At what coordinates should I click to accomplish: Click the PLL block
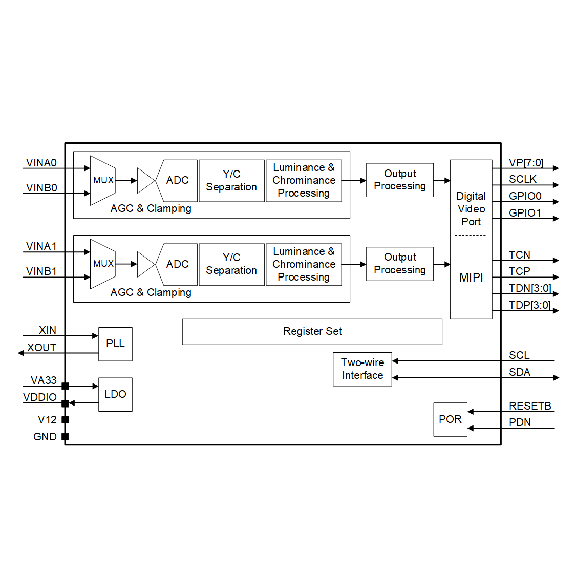click(x=115, y=344)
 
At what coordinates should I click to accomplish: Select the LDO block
click(x=115, y=394)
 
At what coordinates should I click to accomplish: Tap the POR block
click(x=450, y=419)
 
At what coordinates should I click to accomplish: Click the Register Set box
click(x=312, y=332)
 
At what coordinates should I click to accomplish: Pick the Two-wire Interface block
click(x=362, y=369)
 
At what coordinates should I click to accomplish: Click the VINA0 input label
click(x=41, y=163)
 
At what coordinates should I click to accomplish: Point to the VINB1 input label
click(x=41, y=271)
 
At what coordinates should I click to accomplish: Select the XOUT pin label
click(x=41, y=348)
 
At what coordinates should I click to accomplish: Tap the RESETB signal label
click(x=530, y=406)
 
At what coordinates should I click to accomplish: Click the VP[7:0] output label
click(x=526, y=163)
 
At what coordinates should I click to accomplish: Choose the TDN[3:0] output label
click(x=529, y=288)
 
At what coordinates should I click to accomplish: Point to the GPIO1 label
click(x=525, y=213)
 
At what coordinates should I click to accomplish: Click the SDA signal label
click(x=520, y=372)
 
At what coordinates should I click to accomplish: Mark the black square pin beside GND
click(x=65, y=437)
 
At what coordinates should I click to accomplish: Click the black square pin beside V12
click(x=65, y=420)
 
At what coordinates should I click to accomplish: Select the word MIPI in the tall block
click(x=471, y=278)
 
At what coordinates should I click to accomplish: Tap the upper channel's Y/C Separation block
click(x=231, y=181)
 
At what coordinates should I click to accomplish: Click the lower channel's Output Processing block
click(x=400, y=264)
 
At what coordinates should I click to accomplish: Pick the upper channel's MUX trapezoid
click(x=103, y=180)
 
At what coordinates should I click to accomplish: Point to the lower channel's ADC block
click(x=177, y=264)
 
